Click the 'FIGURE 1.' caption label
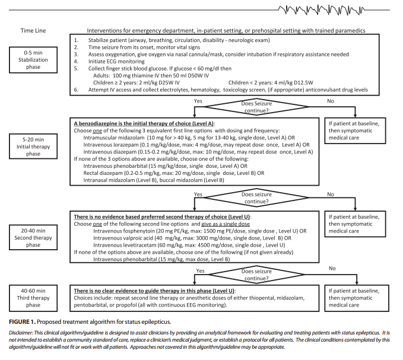[x=18, y=321]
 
